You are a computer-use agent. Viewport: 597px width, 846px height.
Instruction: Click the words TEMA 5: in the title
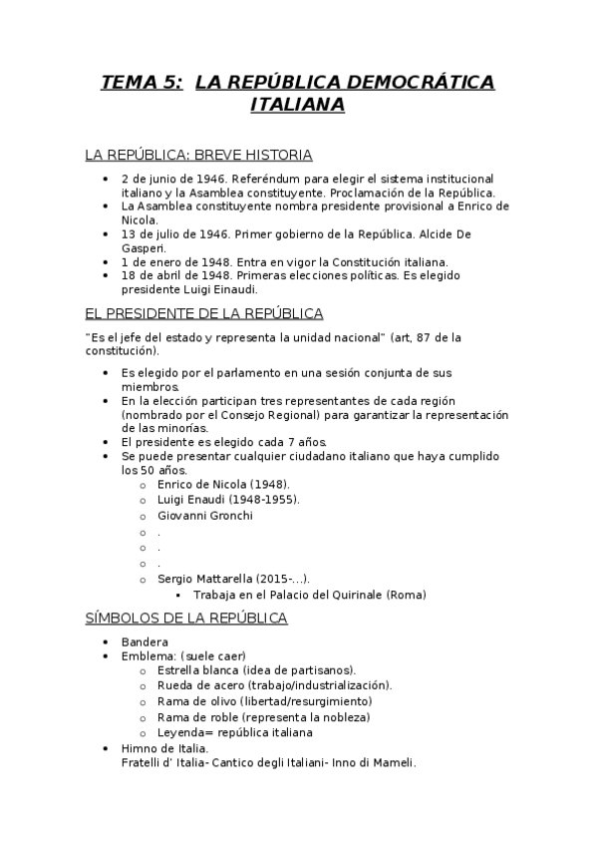142,82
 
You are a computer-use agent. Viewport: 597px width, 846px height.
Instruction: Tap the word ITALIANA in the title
297,105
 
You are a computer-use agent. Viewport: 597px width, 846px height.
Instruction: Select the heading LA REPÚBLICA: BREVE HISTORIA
198,155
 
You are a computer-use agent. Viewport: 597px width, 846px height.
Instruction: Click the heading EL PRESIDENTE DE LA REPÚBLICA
204,313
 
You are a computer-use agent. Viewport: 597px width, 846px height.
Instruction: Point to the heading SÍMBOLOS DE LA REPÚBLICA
186,619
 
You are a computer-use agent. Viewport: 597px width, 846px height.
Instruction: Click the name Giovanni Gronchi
205,515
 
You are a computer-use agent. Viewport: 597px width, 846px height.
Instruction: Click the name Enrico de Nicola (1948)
215,483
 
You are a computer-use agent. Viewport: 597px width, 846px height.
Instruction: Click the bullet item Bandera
145,641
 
